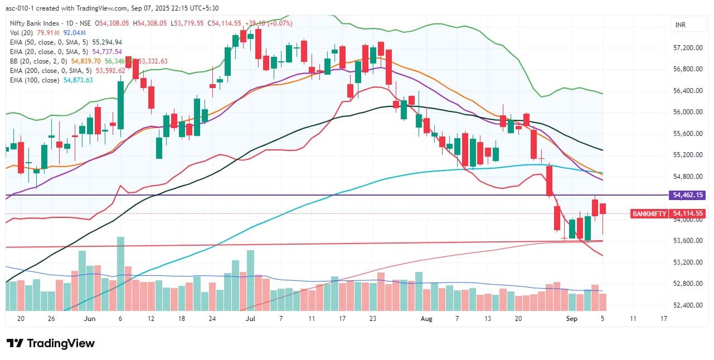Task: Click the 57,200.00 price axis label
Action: (x=686, y=48)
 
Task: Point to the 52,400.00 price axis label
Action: (x=686, y=305)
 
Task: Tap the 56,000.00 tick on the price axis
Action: (x=686, y=112)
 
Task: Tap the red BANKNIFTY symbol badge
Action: (x=649, y=213)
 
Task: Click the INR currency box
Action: (x=680, y=25)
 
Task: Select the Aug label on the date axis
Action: (x=426, y=319)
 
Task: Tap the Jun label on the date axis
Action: (x=89, y=319)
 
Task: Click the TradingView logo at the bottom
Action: (x=50, y=343)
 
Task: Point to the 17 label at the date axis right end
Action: (x=663, y=319)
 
